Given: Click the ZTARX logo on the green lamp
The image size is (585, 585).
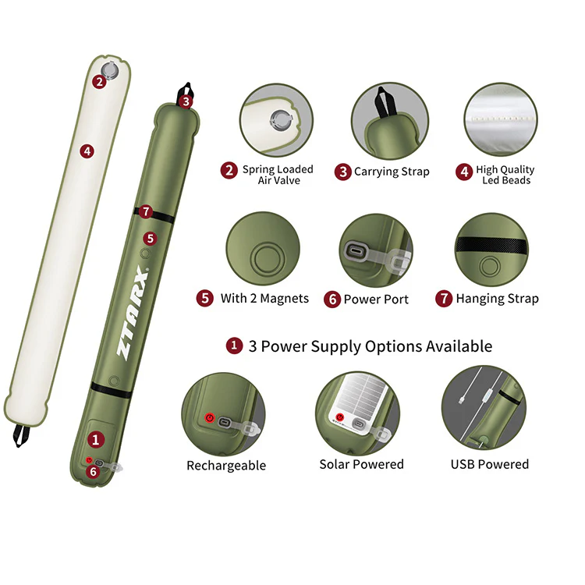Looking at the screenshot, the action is (x=132, y=313).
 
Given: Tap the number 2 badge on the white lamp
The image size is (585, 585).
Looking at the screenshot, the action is (x=99, y=82).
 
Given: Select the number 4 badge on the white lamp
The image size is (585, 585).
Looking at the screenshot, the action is (x=87, y=151).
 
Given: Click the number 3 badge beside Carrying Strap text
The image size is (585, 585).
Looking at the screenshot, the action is (x=343, y=172).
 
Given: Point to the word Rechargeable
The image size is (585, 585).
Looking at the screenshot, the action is (x=226, y=465).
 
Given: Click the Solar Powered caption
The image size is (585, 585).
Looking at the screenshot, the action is (x=361, y=464).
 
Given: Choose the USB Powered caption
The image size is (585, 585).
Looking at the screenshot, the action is (x=490, y=464).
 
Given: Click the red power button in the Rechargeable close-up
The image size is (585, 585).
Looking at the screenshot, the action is (x=210, y=418).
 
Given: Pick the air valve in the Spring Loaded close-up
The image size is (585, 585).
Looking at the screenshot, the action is (x=280, y=120).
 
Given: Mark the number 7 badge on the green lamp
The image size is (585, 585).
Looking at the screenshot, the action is (x=146, y=211).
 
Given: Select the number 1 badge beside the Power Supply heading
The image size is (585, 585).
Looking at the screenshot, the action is (x=234, y=346).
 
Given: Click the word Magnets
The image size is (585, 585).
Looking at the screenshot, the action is (x=284, y=299).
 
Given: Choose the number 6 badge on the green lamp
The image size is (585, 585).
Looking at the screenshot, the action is (x=94, y=472).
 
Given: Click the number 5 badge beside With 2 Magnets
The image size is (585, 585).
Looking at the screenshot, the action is (x=205, y=299).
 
